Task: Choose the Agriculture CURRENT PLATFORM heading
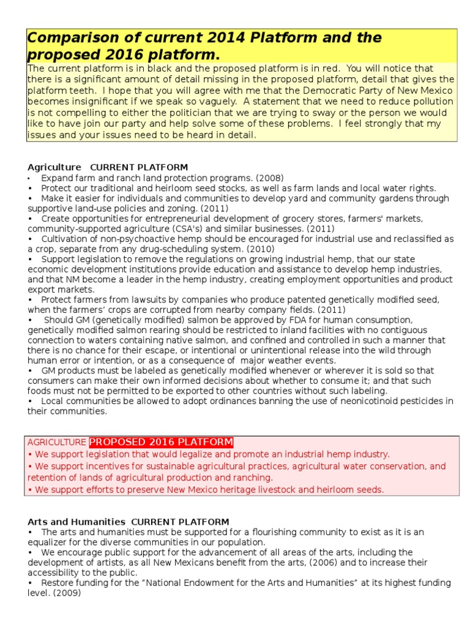coord(108,167)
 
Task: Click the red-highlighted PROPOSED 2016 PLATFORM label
coord(162,442)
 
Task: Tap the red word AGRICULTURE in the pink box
coord(56,442)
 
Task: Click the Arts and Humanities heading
coord(77,522)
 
